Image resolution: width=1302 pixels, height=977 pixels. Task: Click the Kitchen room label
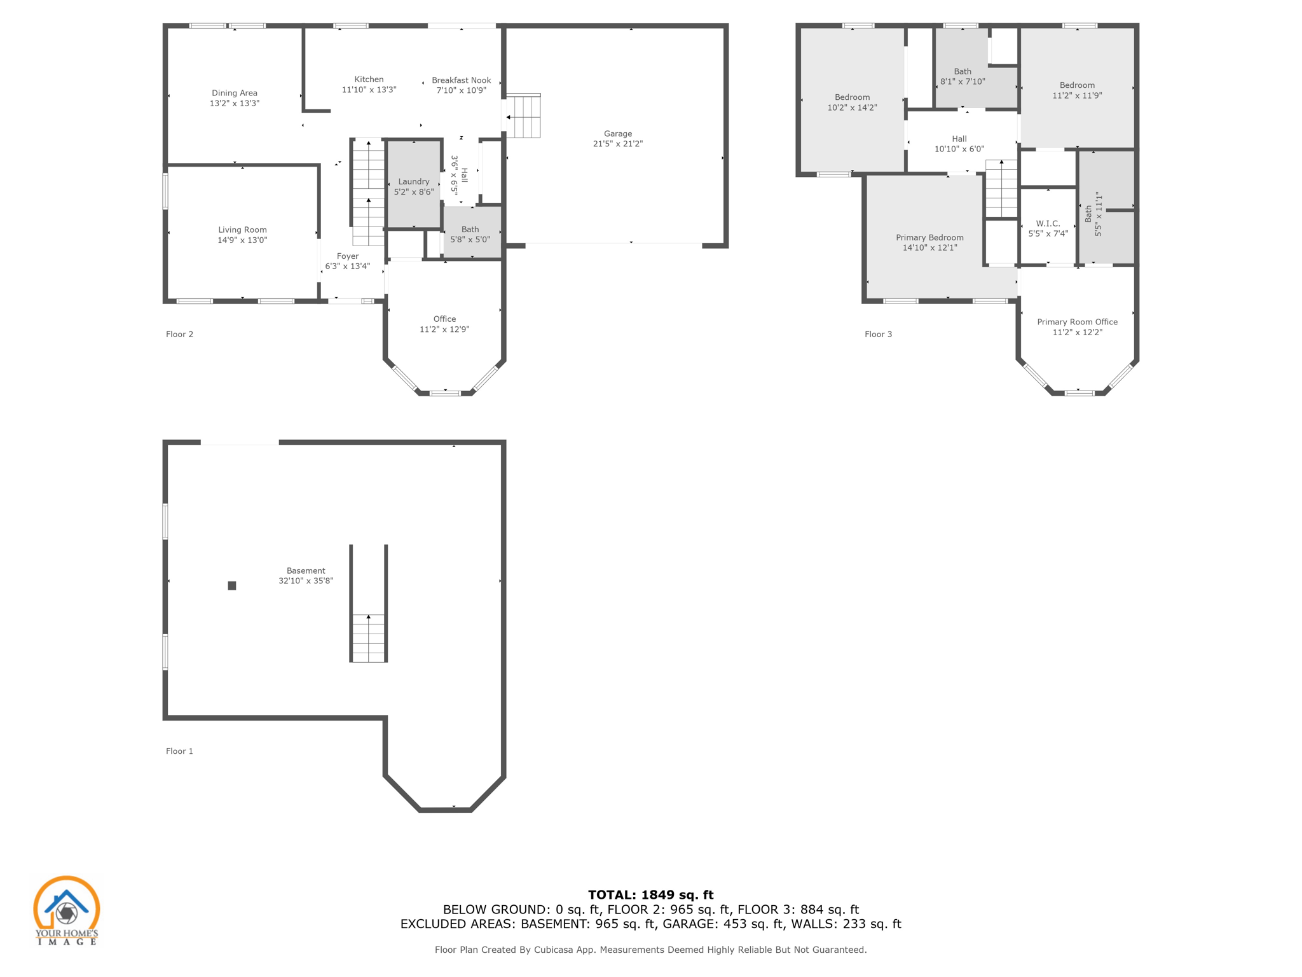tap(369, 80)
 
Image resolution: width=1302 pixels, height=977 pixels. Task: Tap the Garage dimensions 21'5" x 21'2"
tap(617, 144)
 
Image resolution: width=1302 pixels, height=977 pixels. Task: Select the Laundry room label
tap(413, 181)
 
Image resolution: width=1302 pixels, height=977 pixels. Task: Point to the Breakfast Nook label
tap(461, 80)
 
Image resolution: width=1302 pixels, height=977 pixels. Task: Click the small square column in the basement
tap(232, 586)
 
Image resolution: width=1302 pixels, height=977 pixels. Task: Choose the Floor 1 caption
tap(179, 751)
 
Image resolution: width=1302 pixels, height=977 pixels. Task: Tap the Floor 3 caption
tap(878, 334)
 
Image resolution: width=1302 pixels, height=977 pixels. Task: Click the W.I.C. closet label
tap(1048, 223)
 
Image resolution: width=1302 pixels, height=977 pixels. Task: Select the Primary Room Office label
tap(1077, 322)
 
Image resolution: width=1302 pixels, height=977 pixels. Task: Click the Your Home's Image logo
tap(66, 910)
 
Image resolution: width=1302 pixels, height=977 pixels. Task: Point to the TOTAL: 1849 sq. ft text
tap(650, 895)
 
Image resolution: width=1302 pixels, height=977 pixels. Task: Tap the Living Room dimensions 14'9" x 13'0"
tap(242, 240)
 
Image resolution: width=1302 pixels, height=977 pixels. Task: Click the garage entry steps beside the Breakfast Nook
tap(523, 116)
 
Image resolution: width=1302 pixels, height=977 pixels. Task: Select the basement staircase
tap(368, 637)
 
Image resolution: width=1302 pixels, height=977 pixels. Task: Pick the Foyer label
tap(348, 256)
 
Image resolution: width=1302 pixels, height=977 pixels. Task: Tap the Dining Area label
tap(234, 93)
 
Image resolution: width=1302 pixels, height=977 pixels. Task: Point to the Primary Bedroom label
tap(929, 237)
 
